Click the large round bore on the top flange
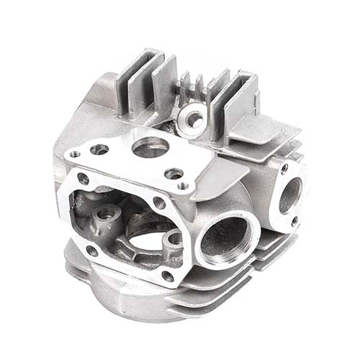[x=150, y=147]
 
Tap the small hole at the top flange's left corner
[x=75, y=153]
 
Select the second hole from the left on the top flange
[x=99, y=149]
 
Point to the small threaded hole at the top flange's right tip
[x=184, y=186]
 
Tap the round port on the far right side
[x=289, y=195]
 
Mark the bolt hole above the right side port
[x=284, y=168]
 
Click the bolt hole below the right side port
[x=294, y=221]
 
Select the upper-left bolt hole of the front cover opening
[x=84, y=177]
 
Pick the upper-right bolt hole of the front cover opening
[x=160, y=203]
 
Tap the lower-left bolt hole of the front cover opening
[x=91, y=251]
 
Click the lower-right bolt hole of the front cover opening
[x=167, y=275]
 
